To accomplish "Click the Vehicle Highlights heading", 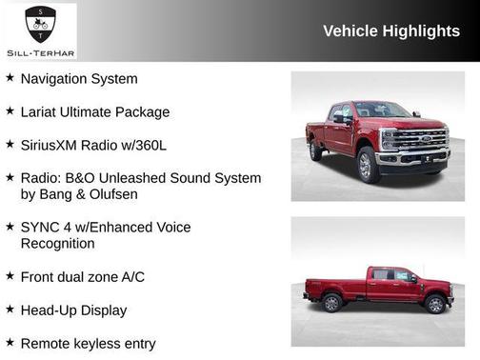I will [x=391, y=31].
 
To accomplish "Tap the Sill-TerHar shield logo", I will [x=39, y=19].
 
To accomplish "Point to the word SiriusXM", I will [x=54, y=145].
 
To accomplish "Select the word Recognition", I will [x=57, y=244].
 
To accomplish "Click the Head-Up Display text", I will [x=73, y=310].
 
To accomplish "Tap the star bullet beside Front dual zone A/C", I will [x=10, y=276].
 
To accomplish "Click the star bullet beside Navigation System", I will [x=10, y=78].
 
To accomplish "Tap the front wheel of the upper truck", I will [x=369, y=166].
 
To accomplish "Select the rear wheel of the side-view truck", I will [x=332, y=303].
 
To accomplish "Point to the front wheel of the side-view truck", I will [x=435, y=304].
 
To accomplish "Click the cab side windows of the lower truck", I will [x=391, y=274].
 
